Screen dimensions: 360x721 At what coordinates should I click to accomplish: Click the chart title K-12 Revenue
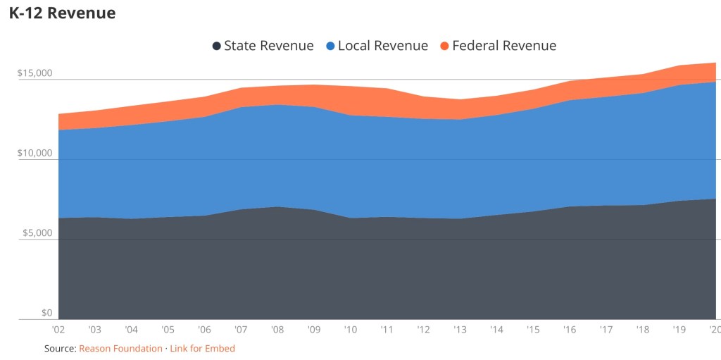pos(63,13)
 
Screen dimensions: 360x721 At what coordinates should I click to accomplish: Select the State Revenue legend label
pos(269,46)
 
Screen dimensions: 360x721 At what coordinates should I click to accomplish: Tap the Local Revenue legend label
pos(383,46)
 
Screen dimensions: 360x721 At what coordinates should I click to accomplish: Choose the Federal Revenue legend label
pos(504,46)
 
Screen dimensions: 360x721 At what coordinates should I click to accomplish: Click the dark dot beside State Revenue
pos(217,46)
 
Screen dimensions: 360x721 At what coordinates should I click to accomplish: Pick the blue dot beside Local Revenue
pos(331,46)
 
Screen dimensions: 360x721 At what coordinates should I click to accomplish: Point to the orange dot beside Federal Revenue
pos(444,46)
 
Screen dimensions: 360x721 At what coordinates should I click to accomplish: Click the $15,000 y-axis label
pos(35,73)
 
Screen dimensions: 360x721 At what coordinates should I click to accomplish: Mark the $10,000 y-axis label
pos(35,153)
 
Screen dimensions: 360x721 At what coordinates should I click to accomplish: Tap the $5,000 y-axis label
pos(37,233)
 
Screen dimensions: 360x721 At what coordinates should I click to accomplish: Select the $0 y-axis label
pos(47,313)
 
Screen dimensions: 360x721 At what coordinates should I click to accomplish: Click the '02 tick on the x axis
pos(58,329)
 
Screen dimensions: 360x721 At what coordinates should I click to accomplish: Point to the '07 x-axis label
pos(241,329)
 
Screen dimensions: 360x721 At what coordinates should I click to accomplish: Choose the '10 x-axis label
pos(350,329)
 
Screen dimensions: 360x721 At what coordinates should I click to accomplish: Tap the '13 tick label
pos(460,329)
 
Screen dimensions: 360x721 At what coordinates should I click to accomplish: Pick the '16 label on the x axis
pos(569,329)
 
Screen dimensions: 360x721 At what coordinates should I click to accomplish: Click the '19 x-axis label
pos(679,329)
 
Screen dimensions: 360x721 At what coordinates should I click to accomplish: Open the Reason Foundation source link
pos(120,349)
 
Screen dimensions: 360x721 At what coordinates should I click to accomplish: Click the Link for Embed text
pos(202,349)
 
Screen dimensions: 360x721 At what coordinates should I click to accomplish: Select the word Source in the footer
pos(59,349)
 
